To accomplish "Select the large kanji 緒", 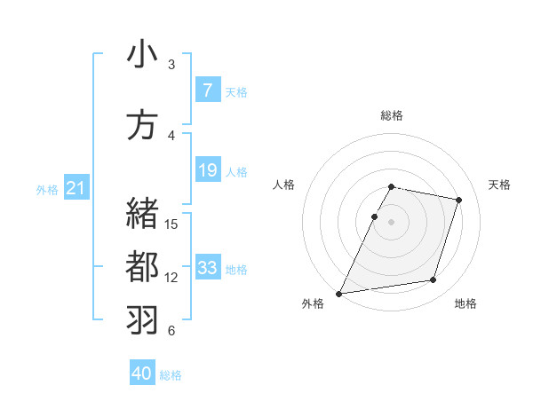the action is tap(142, 213).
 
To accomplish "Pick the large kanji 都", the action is tap(142, 267).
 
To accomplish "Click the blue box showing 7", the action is tap(207, 90).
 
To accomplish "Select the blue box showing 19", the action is tap(207, 170).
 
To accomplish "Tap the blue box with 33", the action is tap(207, 268).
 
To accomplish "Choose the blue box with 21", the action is tap(76, 188).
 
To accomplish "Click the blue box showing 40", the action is tap(142, 374).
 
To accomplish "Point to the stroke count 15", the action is tap(172, 224).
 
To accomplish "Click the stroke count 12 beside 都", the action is tap(172, 278).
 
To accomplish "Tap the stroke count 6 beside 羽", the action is tap(171, 331).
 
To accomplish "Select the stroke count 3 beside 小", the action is tap(171, 65).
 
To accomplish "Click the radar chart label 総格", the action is tap(392, 115).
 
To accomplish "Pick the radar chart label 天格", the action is tap(500, 185).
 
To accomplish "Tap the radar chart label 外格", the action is tap(313, 304).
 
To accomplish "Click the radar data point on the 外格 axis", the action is tap(339, 293).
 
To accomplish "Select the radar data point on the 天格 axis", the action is tap(459, 200).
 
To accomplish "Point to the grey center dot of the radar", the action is tap(392, 222).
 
